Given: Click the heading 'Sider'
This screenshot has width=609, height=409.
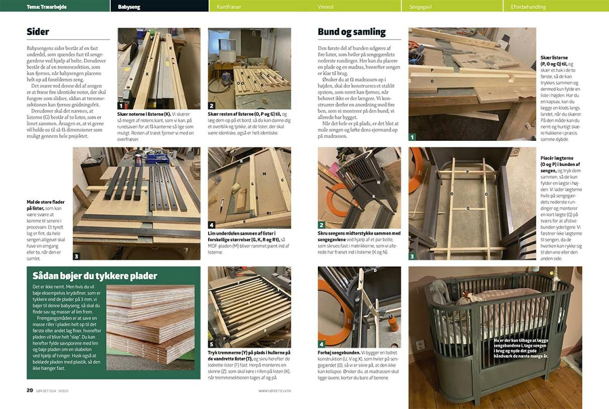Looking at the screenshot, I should (x=38, y=32).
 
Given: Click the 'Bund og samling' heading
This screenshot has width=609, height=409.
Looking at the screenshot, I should (x=352, y=32).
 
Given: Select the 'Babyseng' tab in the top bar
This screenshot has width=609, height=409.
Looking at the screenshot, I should (x=129, y=7).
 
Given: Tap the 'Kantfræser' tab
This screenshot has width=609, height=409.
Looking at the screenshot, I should (x=229, y=7).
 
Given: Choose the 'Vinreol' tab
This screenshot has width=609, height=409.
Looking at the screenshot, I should (x=326, y=7).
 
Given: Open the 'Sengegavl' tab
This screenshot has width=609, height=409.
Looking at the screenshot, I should (x=420, y=7).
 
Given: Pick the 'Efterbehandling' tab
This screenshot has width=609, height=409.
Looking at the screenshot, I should (x=528, y=7).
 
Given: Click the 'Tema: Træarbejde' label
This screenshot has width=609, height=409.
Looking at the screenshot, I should (x=46, y=7).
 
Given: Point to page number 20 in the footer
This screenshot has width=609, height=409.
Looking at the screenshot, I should (x=30, y=390).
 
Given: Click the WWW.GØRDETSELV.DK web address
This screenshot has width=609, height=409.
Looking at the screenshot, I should (x=274, y=391).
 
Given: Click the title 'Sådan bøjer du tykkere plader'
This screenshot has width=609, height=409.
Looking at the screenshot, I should (x=95, y=276).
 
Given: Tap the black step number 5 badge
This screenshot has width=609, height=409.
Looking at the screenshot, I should (x=212, y=344).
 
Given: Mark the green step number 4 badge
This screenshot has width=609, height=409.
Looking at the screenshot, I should (x=322, y=344).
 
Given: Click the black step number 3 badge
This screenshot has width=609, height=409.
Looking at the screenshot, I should (x=76, y=256).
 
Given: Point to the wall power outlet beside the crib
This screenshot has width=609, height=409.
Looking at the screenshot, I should (x=420, y=345).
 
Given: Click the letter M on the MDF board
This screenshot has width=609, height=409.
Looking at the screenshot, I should (x=264, y=174).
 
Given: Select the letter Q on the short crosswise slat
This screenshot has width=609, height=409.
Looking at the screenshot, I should (x=468, y=208).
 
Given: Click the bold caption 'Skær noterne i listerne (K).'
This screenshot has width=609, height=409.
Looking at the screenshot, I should (x=144, y=114).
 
